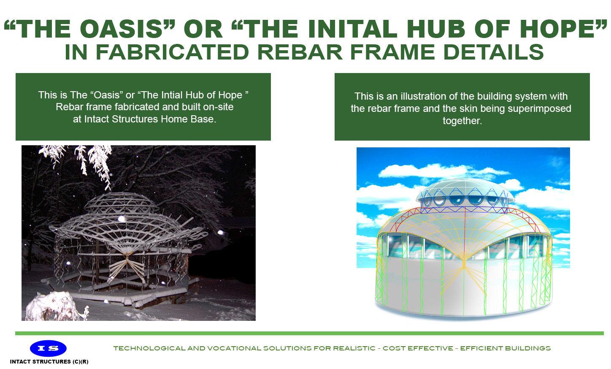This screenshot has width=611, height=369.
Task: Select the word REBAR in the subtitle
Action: pyautogui.click(x=300, y=52)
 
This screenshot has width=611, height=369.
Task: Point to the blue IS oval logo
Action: pyautogui.click(x=48, y=348)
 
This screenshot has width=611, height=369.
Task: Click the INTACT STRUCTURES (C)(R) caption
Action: pyautogui.click(x=49, y=362)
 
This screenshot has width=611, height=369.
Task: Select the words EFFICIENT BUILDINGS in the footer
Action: pyautogui.click(x=506, y=349)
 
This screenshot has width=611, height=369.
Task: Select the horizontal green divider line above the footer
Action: pyautogui.click(x=309, y=333)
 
